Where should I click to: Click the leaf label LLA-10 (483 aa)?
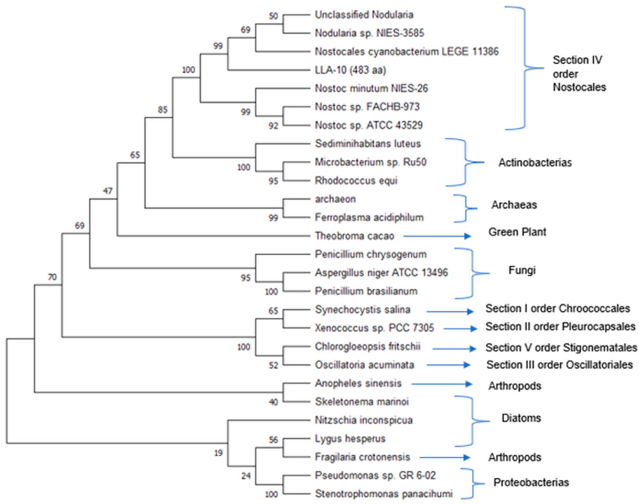(350, 70)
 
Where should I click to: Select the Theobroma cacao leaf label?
(354, 236)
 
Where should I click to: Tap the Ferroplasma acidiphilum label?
(369, 218)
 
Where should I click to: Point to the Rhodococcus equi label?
(356, 181)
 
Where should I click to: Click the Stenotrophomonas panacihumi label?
(383, 494)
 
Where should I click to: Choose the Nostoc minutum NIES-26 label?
(371, 88)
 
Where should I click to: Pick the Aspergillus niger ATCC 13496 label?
(381, 273)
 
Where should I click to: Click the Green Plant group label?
(517, 232)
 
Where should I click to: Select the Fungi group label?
(522, 270)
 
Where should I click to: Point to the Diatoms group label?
(521, 418)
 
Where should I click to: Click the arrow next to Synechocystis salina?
(450, 311)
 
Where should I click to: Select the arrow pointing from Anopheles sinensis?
(441, 384)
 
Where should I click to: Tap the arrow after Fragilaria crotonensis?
(445, 457)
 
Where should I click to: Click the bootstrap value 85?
(162, 110)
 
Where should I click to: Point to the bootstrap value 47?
(108, 191)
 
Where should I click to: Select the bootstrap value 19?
(218, 453)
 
